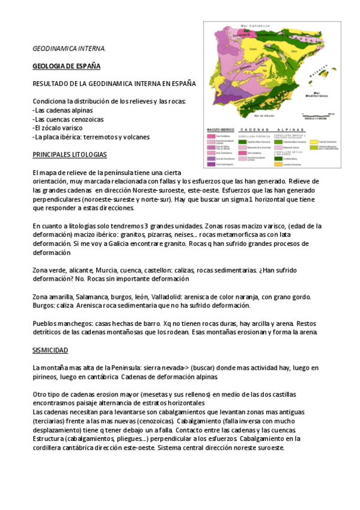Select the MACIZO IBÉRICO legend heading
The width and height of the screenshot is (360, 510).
220,129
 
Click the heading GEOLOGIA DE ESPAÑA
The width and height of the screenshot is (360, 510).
66,65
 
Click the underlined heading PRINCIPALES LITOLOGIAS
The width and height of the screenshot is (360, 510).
69,155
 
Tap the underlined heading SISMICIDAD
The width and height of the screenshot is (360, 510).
50,349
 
